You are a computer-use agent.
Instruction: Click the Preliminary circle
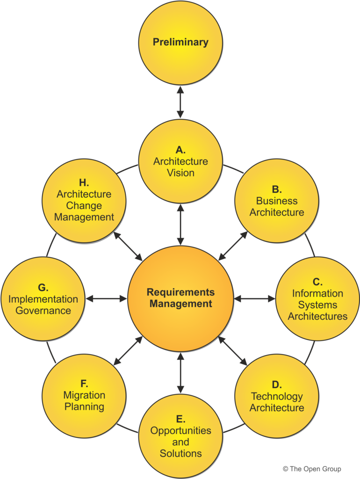click(x=180, y=43)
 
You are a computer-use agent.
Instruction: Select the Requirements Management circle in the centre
click(x=180, y=298)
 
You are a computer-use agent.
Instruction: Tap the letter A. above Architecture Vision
click(x=180, y=150)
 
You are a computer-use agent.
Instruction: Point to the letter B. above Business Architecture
click(x=277, y=189)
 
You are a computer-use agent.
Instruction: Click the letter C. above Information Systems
click(x=317, y=282)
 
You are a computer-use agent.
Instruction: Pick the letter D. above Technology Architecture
click(x=277, y=385)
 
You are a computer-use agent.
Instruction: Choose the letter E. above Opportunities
click(x=180, y=419)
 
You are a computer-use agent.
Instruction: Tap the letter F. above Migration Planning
click(x=84, y=384)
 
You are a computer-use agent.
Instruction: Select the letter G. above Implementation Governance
click(x=43, y=288)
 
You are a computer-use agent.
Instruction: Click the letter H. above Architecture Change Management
click(x=84, y=183)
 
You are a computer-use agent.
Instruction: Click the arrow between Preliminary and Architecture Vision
click(x=180, y=102)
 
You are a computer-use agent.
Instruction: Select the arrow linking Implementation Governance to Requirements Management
click(x=106, y=298)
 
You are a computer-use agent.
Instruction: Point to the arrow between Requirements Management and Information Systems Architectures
click(x=255, y=298)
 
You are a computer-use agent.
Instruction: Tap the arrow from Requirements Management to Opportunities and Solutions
click(x=180, y=373)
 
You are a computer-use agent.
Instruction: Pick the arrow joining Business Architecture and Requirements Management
click(x=233, y=246)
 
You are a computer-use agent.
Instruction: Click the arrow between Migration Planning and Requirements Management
click(x=128, y=351)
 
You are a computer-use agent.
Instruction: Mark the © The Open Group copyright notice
click(x=312, y=469)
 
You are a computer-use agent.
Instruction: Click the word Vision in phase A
click(x=180, y=173)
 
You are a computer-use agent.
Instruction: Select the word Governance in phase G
click(x=43, y=311)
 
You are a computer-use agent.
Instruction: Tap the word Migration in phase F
click(x=84, y=395)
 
